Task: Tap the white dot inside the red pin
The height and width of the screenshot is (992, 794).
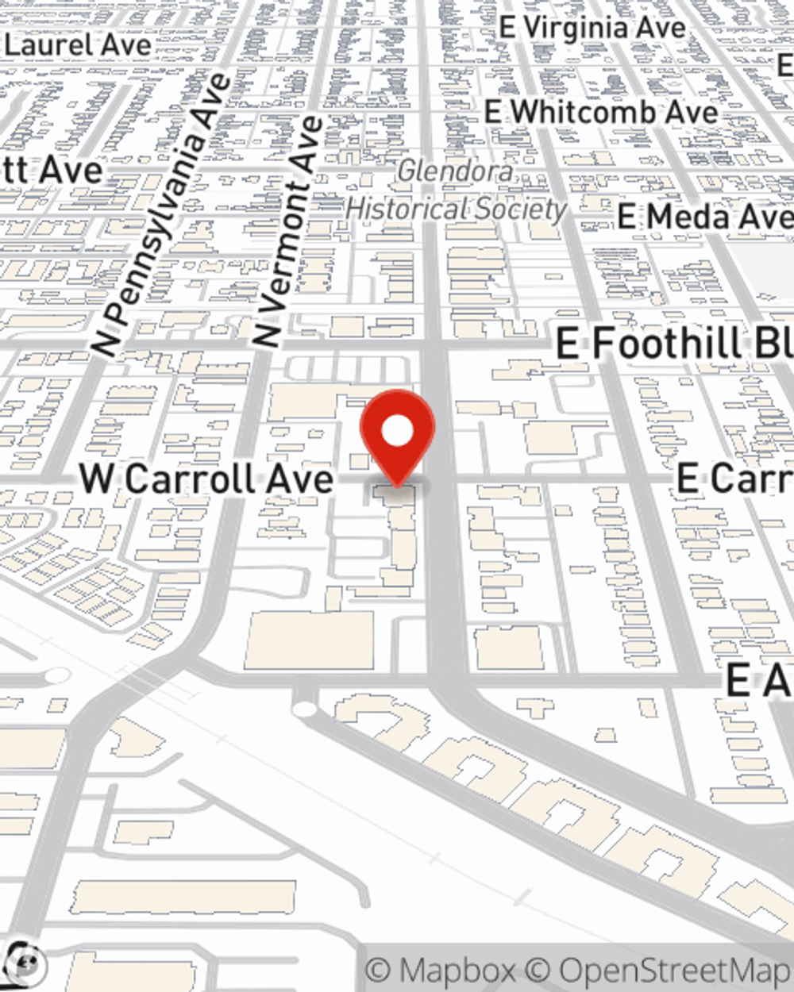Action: point(397,432)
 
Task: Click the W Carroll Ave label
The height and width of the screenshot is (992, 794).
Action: point(206,479)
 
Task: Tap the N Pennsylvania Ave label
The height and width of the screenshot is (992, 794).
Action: point(162,214)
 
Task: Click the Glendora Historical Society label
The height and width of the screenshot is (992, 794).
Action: point(456,190)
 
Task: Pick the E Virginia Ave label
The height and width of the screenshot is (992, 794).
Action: point(592,28)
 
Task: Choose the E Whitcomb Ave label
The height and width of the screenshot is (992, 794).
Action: point(601,113)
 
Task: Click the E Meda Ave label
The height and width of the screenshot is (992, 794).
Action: point(705,216)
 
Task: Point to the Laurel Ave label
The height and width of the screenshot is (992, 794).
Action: point(77,45)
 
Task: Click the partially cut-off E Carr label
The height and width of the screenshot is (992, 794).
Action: point(734,479)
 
